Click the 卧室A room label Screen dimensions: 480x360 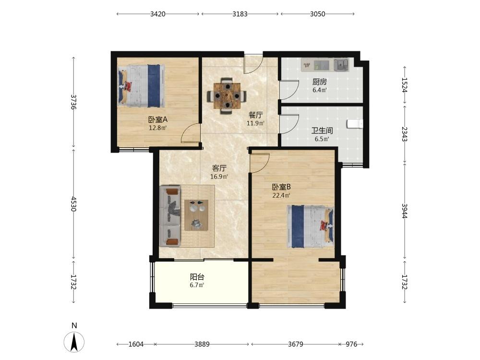tap(157, 120)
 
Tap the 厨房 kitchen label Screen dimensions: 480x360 tap(319, 82)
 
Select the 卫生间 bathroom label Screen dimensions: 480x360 tap(322, 131)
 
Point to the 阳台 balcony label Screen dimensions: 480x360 tap(197, 277)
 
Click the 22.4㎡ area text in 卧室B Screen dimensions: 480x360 tap(281, 195)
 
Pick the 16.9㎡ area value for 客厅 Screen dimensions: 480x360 tap(219, 177)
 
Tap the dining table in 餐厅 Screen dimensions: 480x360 tap(227, 96)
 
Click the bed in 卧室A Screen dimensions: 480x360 tap(142, 86)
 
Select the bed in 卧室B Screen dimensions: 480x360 tap(311, 227)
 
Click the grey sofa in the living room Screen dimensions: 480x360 tap(170, 216)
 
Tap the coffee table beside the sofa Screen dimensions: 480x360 tap(196, 215)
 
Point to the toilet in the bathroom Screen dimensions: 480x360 tap(355, 124)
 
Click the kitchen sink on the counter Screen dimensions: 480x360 tap(341, 65)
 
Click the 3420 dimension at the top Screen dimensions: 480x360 tap(157, 14)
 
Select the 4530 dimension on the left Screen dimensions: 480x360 tap(73, 204)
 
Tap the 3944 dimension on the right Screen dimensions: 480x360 tap(404, 211)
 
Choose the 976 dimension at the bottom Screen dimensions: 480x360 tap(351, 344)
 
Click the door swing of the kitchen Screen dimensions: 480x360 tap(289, 90)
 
